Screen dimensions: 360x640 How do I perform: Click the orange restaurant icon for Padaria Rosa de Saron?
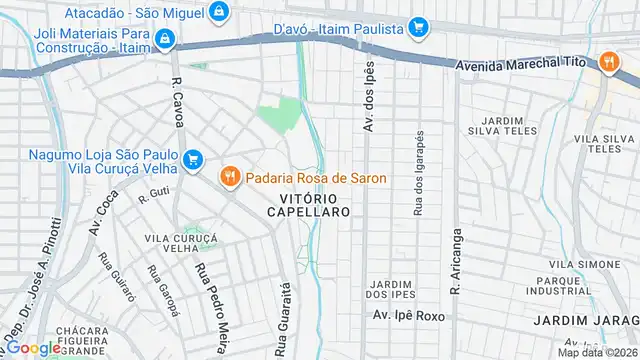pos(230,177)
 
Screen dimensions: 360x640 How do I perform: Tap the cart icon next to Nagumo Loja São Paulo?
pos(193,159)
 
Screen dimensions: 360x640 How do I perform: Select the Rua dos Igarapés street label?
pos(418,172)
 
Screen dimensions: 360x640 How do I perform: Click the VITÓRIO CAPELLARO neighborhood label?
pos(309,205)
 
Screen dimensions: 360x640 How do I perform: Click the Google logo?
pos(33,347)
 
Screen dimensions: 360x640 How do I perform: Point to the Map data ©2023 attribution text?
pos(598,352)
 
